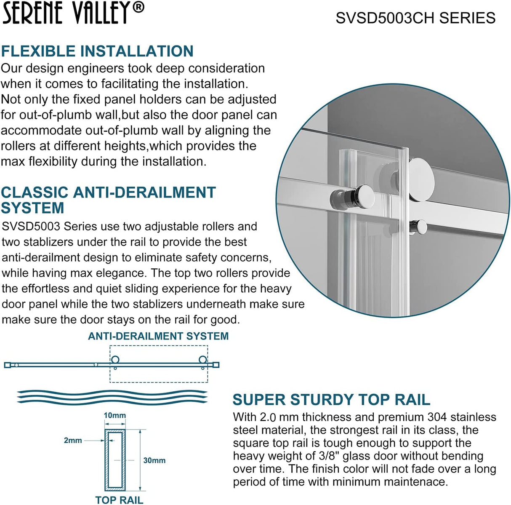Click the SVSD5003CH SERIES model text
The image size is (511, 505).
[x=415, y=18]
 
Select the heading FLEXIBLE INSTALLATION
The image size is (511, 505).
[x=97, y=51]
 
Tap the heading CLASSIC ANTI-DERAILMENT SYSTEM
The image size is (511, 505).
[x=108, y=200]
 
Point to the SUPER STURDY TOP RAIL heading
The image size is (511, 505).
[x=331, y=399]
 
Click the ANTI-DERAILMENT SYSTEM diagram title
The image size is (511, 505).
[x=158, y=336]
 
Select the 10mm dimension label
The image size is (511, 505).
[x=114, y=415]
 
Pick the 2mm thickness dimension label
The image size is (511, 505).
[x=73, y=440]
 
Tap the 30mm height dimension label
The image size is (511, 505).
[x=154, y=460]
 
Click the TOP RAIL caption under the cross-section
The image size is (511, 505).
[x=119, y=500]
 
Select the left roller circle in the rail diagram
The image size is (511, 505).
[x=115, y=360]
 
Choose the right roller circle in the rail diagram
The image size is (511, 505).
[x=203, y=360]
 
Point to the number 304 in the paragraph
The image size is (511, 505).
[x=437, y=417]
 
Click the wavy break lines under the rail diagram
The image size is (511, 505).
[x=112, y=396]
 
